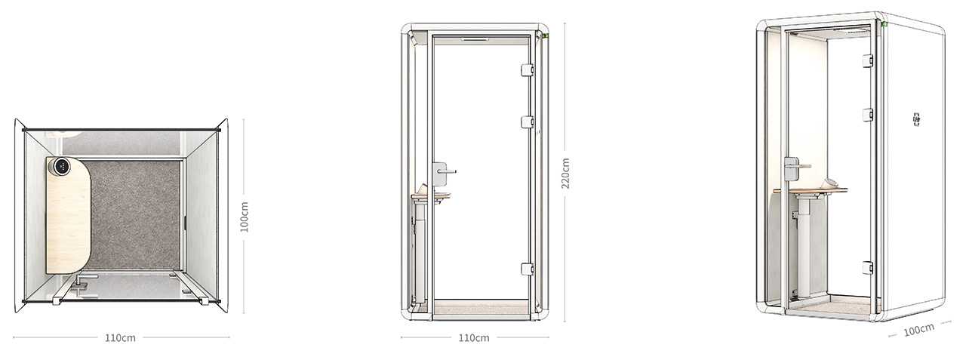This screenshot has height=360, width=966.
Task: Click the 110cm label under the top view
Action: point(120,338)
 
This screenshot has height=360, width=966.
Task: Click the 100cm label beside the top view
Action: point(244,217)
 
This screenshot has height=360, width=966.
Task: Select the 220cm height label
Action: point(565,174)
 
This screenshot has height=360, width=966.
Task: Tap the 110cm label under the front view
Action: point(474,338)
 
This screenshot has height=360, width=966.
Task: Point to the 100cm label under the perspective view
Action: point(919,331)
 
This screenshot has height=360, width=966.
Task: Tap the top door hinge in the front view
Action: point(528,70)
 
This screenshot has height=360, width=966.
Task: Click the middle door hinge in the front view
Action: point(528,122)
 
